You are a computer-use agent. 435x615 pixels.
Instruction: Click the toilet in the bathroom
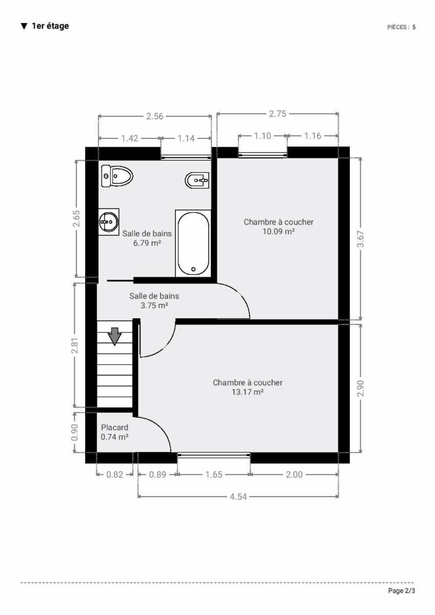[x=117, y=176]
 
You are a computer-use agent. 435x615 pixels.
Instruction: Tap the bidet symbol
[x=197, y=180]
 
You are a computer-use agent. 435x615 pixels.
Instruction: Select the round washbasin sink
[x=109, y=221]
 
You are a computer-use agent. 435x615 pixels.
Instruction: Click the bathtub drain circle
[x=193, y=270]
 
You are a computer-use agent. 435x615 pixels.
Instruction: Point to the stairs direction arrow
[x=114, y=336]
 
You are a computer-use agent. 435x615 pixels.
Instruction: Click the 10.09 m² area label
[x=279, y=232]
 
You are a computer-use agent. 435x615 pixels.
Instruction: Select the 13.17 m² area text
[x=248, y=392]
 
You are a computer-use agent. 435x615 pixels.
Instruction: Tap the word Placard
[x=114, y=427]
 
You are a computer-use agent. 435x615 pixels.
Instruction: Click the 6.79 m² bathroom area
[x=147, y=243]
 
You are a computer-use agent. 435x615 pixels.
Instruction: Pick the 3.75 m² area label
[x=154, y=305]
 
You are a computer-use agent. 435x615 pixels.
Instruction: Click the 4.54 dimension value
[x=238, y=497]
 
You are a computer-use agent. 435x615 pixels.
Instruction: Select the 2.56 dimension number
[x=155, y=116]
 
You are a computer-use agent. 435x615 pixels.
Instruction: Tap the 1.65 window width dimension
[x=214, y=475]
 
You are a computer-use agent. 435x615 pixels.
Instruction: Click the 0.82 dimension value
[x=115, y=475]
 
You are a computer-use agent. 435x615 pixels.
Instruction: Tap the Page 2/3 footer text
[x=402, y=590]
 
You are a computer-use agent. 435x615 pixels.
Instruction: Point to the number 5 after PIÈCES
[x=414, y=27]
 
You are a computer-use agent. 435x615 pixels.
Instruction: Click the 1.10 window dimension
[x=263, y=136]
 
